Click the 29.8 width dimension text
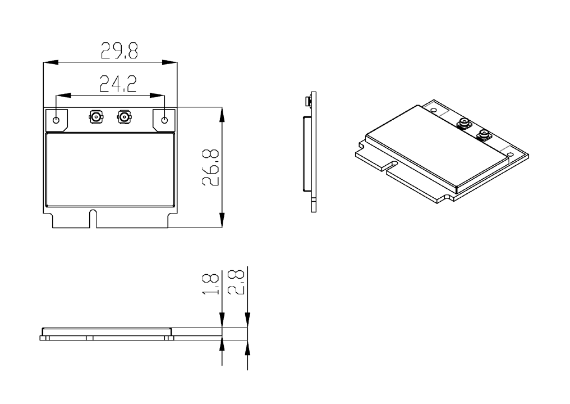tap(119, 51)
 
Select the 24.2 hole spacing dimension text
tap(118, 84)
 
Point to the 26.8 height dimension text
tap(210, 167)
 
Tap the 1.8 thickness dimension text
tap(210, 284)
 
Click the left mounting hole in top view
tap(56, 120)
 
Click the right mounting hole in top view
tap(164, 120)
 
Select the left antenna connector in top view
tap(96, 117)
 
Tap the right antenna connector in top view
tap(124, 117)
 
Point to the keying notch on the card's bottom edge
tap(93, 219)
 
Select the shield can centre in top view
tap(111, 170)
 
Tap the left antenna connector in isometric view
tap(464, 124)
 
